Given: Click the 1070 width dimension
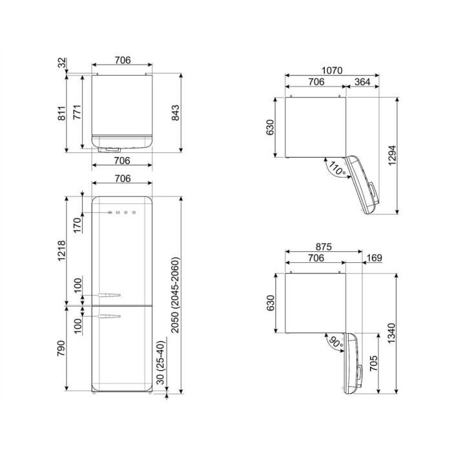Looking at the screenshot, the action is click(x=332, y=70).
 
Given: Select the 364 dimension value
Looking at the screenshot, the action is click(x=362, y=82).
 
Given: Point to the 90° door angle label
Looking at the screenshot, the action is click(x=337, y=342).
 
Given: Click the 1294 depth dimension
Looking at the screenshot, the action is click(x=393, y=156).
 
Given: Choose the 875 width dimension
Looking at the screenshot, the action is click(x=324, y=247).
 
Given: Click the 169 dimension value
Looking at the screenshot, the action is click(x=375, y=258).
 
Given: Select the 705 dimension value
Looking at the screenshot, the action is click(x=373, y=363).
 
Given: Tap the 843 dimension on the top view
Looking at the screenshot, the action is click(x=175, y=113).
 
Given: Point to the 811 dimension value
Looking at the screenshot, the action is click(x=62, y=113).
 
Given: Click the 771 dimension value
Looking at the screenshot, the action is click(x=77, y=112).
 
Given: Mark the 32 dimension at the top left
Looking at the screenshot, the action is click(x=62, y=63).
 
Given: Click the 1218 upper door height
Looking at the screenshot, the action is click(x=62, y=251).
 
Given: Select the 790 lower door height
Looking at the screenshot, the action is click(x=61, y=348).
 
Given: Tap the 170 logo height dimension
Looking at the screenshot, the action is click(x=77, y=225).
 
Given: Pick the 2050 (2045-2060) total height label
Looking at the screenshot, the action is click(x=175, y=294).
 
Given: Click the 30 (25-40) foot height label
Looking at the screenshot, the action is click(x=161, y=363).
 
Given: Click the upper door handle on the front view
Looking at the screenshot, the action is click(x=109, y=295).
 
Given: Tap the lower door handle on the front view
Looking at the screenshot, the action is click(x=109, y=316).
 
